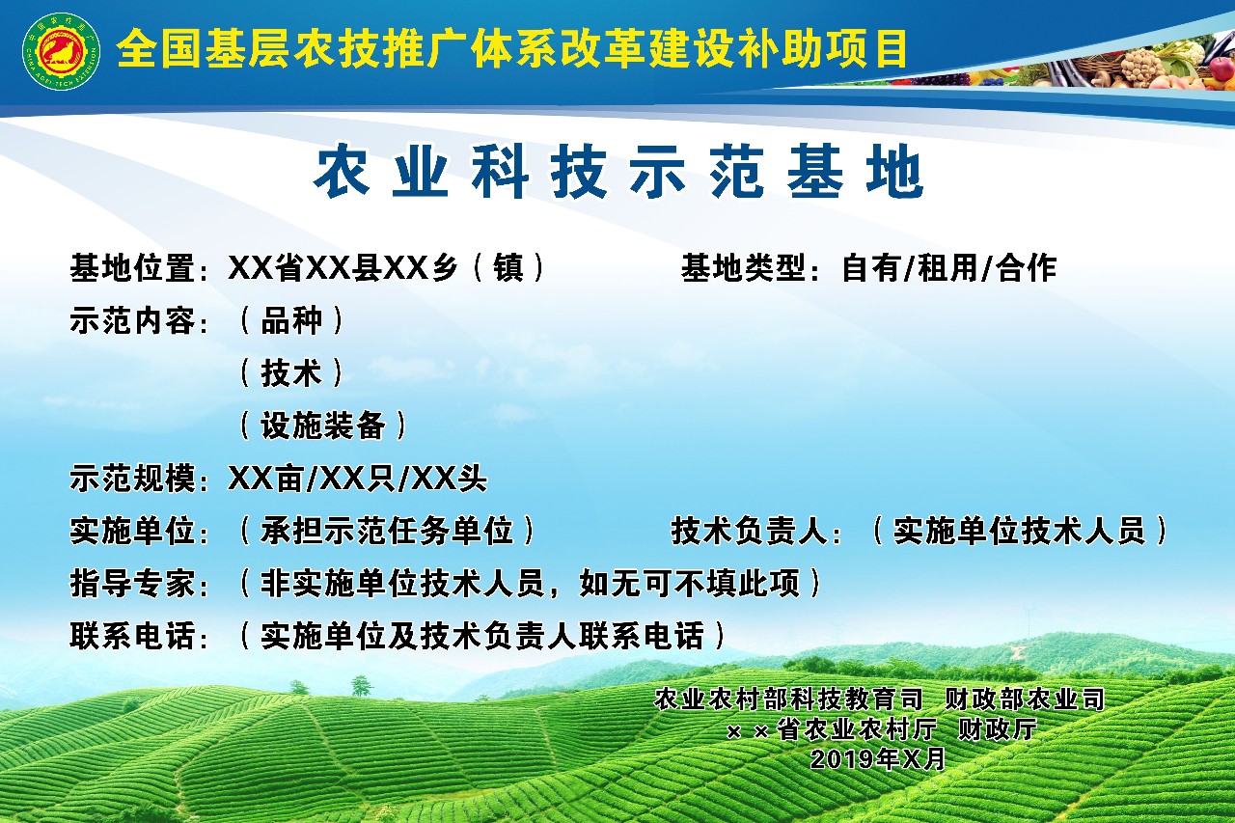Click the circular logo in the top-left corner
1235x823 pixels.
(x=61, y=51)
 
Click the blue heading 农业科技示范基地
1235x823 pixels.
(x=618, y=171)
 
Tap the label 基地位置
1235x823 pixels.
(x=133, y=268)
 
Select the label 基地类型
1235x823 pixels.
(x=744, y=268)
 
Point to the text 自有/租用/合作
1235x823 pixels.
(x=949, y=268)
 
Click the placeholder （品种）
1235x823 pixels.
(x=291, y=320)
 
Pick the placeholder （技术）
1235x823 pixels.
(x=291, y=372)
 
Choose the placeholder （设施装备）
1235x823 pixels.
(x=323, y=425)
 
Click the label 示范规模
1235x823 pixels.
(x=133, y=478)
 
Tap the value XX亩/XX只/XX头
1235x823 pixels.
(x=358, y=478)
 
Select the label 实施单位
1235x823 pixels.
(x=133, y=531)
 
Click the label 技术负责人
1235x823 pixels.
(x=750, y=531)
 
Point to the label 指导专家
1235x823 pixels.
(x=133, y=583)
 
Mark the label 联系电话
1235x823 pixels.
(x=133, y=636)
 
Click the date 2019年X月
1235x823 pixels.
(x=878, y=759)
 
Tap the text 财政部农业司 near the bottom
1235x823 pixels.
(x=1026, y=699)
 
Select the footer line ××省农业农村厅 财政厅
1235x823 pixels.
(x=882, y=729)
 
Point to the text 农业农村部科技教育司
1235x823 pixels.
(x=788, y=699)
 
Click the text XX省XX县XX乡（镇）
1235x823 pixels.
(x=387, y=268)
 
